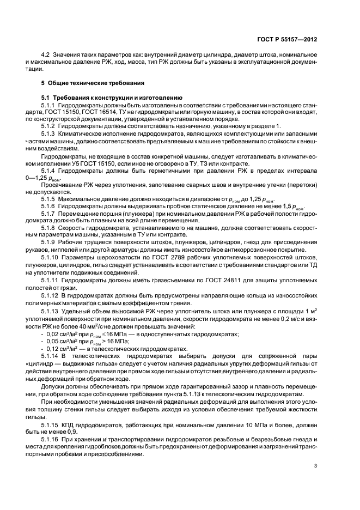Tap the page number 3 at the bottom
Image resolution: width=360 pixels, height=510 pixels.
(316, 466)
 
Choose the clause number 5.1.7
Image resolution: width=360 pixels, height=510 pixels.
(48, 207)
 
